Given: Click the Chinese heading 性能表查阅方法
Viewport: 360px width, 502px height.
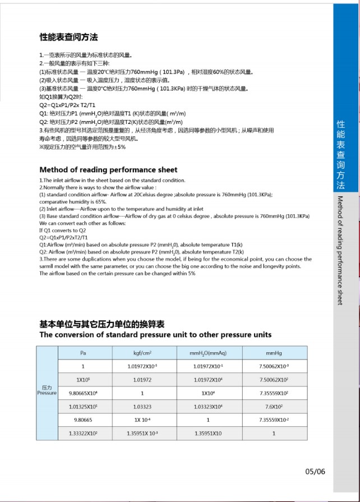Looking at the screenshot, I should pos(68,38).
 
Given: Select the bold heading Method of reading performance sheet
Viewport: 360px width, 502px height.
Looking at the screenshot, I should pos(108,169).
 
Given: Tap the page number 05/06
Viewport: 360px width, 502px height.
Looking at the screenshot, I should pos(315,471).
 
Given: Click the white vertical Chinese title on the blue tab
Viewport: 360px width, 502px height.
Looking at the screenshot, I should pos(340,154).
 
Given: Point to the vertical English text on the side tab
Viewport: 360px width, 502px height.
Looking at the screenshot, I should pos(340,250).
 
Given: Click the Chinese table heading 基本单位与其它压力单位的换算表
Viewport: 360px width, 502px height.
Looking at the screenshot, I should pos(101,325).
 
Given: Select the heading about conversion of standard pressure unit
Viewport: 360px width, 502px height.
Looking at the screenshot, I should pos(155,334).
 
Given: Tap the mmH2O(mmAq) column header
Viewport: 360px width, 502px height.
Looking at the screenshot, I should pos(208,353).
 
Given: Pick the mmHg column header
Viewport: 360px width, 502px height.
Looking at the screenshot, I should pos(274,353).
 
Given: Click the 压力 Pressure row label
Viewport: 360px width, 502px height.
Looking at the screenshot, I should pos(47,390).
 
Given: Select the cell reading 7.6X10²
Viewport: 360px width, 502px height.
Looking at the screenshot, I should pos(274,406).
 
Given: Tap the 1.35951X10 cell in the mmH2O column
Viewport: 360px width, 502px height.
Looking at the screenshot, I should pos(208,433).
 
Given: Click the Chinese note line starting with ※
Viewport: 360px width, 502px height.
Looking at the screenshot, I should pos(82,147).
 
